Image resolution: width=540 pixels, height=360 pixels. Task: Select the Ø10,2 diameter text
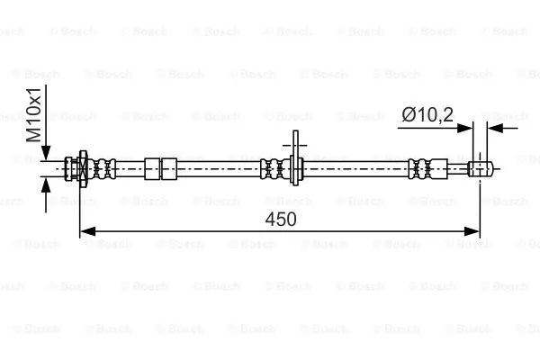(428, 114)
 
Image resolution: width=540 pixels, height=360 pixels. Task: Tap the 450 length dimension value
(282, 219)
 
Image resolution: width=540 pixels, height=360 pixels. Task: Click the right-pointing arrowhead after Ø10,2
(465, 128)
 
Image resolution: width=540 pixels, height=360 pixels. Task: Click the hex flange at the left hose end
(82, 166)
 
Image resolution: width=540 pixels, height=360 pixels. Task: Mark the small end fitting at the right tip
(481, 166)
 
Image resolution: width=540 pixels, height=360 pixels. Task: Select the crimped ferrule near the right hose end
(418, 166)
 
